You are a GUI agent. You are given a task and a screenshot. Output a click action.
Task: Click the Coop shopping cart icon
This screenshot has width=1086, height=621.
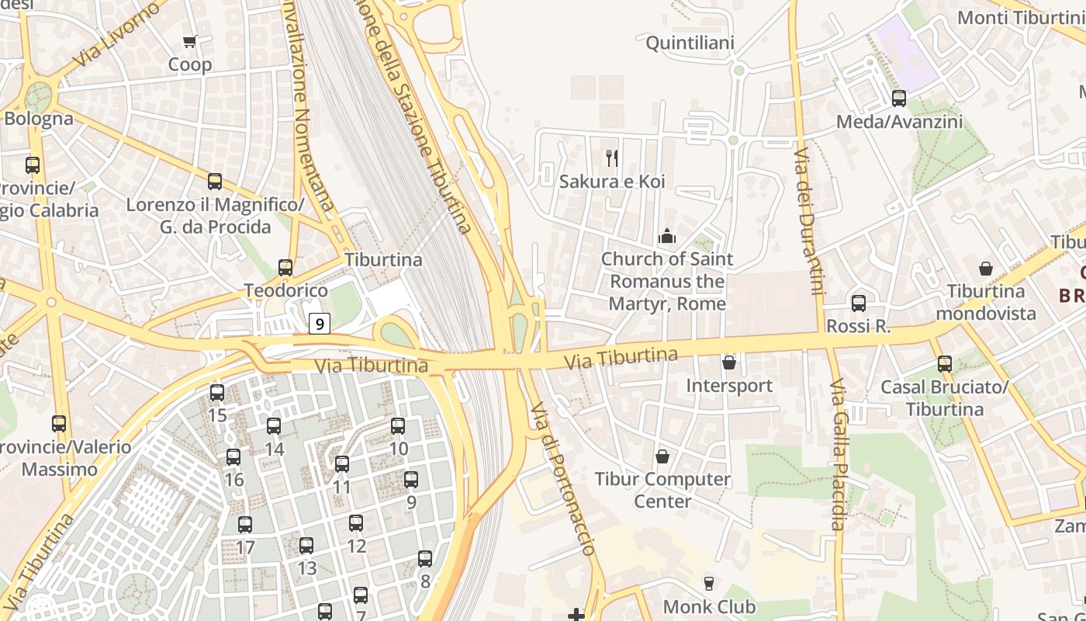click(x=189, y=41)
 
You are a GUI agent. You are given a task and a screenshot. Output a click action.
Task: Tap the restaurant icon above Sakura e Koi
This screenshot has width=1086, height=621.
click(x=612, y=158)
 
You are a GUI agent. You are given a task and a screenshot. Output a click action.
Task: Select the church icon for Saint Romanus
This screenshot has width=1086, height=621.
click(x=666, y=235)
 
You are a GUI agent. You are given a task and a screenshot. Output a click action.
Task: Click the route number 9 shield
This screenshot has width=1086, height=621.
click(x=320, y=323)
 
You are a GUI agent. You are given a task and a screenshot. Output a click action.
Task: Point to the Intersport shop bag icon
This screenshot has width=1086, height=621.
click(x=728, y=362)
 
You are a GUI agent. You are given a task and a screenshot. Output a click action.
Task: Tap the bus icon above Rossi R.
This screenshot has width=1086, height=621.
click(x=858, y=304)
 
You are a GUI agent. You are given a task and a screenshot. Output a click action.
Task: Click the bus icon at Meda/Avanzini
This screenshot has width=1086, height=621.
click(x=898, y=99)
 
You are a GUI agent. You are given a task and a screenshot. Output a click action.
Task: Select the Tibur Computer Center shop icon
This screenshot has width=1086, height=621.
click(x=662, y=456)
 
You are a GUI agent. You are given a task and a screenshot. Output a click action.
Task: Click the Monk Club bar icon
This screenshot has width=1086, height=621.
click(x=708, y=583)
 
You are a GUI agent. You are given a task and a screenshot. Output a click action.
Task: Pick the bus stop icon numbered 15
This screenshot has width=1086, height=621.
click(x=217, y=392)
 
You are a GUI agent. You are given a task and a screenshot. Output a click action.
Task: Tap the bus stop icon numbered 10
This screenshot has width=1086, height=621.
click(x=398, y=425)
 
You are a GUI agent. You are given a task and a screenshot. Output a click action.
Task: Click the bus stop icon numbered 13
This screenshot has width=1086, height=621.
click(x=306, y=545)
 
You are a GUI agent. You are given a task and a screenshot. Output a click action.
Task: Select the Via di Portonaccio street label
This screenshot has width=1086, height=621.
click(x=562, y=477)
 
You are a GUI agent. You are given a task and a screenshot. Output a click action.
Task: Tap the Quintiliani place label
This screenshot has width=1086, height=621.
click(x=690, y=43)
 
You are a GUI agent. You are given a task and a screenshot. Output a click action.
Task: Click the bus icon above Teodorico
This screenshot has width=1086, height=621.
click(x=285, y=268)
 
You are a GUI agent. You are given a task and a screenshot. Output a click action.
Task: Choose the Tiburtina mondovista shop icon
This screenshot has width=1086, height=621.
click(x=985, y=269)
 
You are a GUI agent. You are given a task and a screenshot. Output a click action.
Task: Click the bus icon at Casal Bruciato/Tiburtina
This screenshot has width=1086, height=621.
click(x=944, y=363)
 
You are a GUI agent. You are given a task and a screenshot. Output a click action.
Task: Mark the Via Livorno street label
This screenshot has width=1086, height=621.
click(x=118, y=35)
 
